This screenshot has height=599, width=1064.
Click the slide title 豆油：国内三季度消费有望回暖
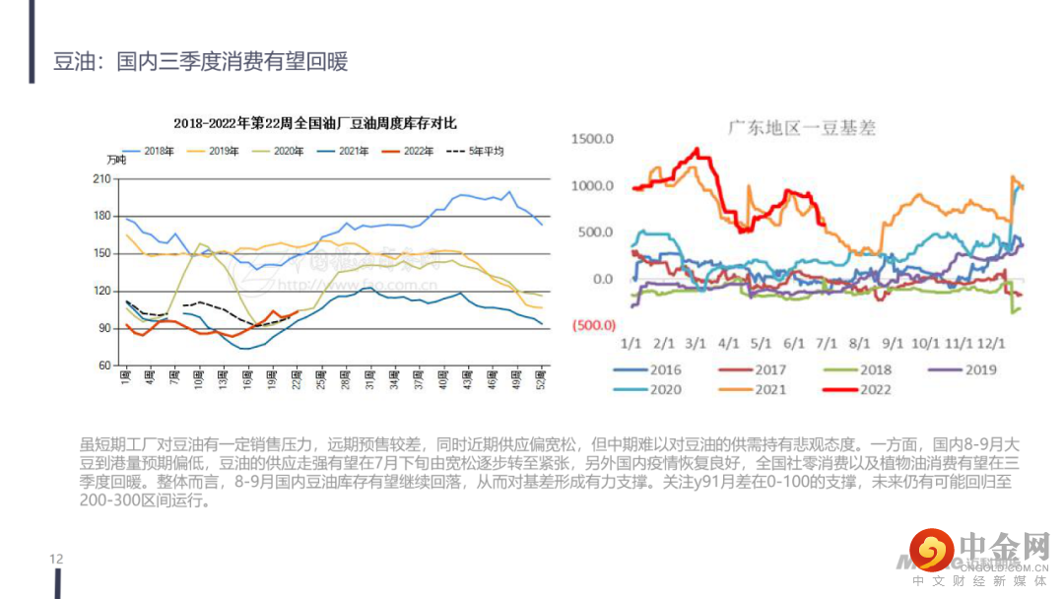200,62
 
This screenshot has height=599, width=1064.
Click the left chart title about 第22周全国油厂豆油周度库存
315,124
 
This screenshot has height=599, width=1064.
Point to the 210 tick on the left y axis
100,178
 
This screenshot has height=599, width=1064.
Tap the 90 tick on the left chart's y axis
103,328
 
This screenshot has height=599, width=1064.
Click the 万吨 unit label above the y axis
116,161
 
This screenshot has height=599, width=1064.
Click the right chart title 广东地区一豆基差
801,128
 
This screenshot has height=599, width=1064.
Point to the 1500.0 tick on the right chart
592,139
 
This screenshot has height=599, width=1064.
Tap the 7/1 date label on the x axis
826,344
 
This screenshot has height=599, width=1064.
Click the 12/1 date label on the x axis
990,344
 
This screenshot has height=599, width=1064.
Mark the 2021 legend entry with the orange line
771,389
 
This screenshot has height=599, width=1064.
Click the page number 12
56,560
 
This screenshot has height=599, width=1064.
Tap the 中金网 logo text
1002,545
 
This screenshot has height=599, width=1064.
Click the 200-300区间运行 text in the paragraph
144,500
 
